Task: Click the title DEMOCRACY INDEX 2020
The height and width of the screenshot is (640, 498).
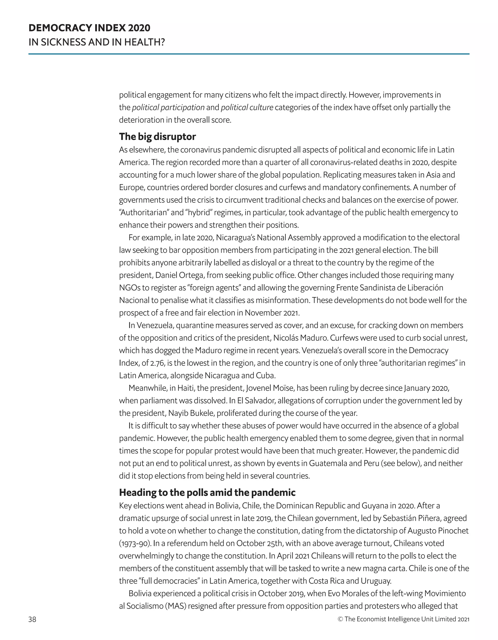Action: point(89,28)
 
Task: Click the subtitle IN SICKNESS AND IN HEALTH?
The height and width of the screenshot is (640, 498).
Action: point(97,42)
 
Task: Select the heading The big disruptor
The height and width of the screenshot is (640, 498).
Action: point(157,137)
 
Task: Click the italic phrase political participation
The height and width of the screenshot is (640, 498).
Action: point(168,107)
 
